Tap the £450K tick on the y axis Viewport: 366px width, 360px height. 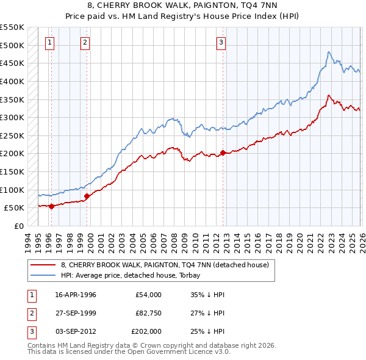click(12, 63)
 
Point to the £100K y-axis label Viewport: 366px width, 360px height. click(12, 190)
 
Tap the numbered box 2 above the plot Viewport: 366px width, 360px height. click(85, 42)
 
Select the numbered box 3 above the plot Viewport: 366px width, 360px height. click(221, 42)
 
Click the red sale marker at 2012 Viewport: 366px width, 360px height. click(223, 153)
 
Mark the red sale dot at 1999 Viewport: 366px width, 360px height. click(87, 196)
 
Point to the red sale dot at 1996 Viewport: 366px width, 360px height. click(51, 206)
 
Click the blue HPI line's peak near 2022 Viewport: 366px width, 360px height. click(328, 52)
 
